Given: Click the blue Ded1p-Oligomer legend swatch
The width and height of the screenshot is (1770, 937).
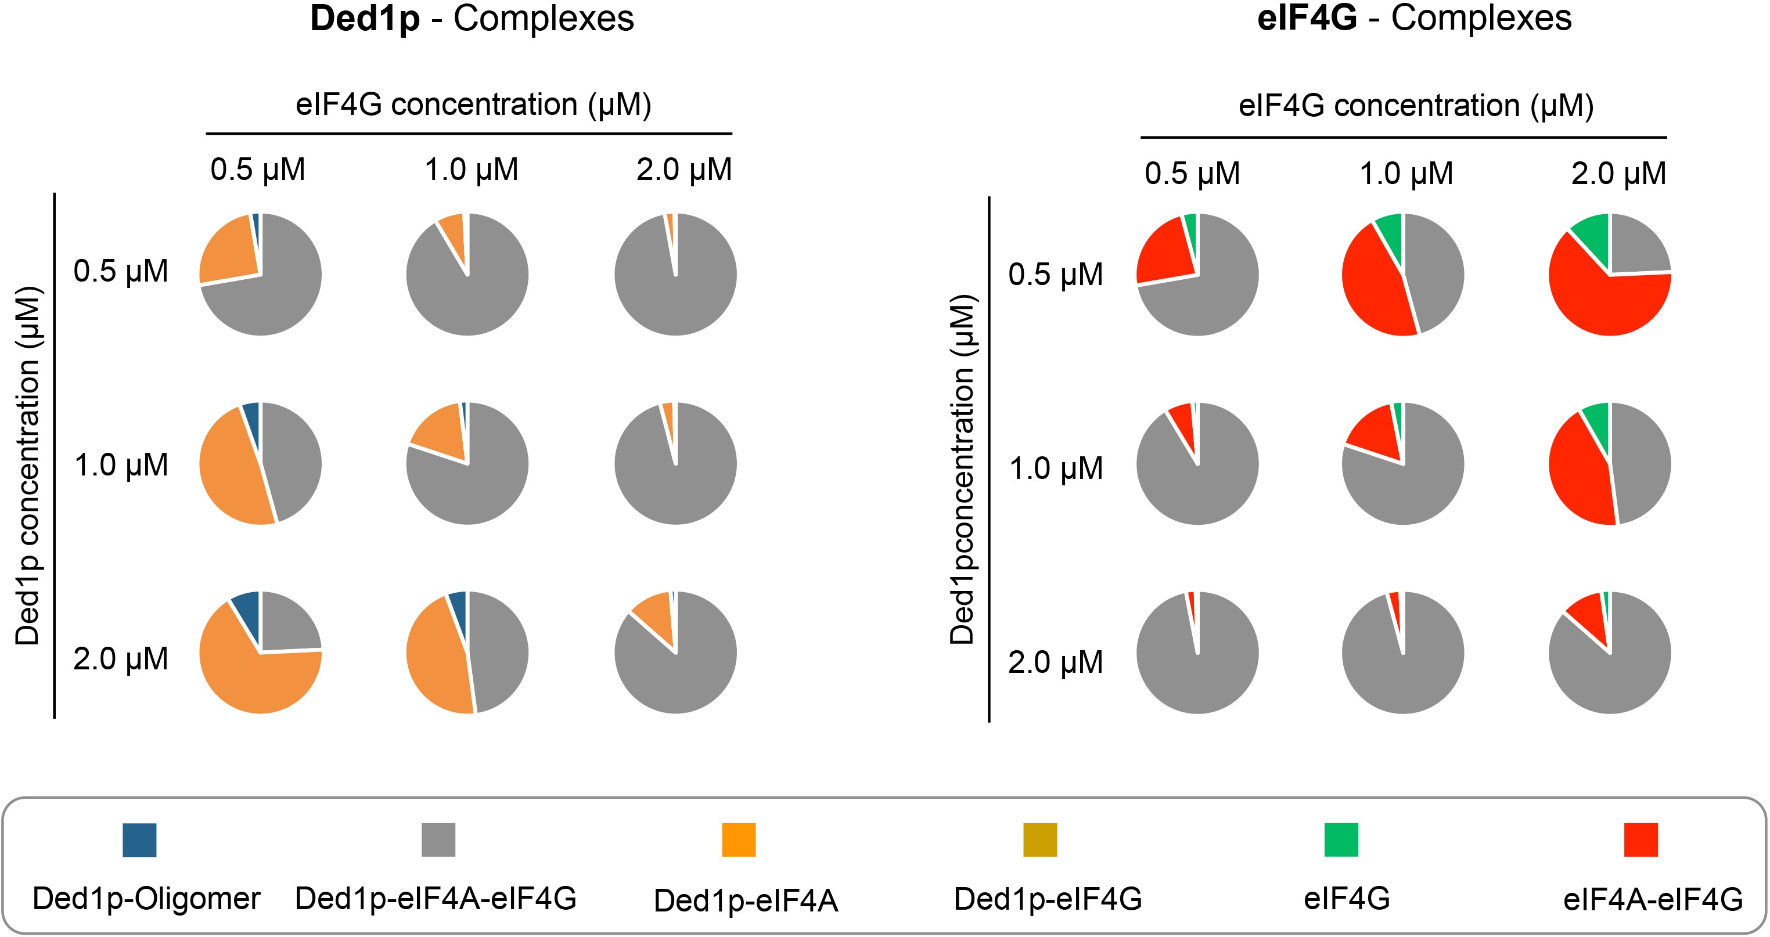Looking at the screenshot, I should (139, 839).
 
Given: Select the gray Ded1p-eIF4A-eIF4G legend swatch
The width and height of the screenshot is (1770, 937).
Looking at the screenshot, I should (438, 839).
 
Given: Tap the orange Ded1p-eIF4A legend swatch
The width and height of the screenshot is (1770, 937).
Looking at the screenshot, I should (739, 839).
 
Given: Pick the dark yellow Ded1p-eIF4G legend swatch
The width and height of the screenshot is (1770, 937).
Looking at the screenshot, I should (1039, 839).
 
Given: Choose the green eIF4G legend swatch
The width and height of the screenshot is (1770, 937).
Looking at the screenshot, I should (1340, 839).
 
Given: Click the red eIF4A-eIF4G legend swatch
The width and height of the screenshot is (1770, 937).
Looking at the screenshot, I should (1641, 839).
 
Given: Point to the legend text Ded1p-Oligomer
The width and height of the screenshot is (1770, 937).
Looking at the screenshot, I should (146, 898).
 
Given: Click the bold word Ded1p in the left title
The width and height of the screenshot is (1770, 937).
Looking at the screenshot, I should (365, 19).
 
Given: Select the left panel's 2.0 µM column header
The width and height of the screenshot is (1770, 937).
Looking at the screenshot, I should (684, 170).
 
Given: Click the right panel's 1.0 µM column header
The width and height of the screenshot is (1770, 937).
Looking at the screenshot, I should (1406, 173).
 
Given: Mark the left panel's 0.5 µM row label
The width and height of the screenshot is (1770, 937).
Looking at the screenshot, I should (121, 271).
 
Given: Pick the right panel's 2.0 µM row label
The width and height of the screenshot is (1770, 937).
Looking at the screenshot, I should (1055, 662).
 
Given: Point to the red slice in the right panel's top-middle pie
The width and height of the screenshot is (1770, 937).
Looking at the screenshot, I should (1374, 282).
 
